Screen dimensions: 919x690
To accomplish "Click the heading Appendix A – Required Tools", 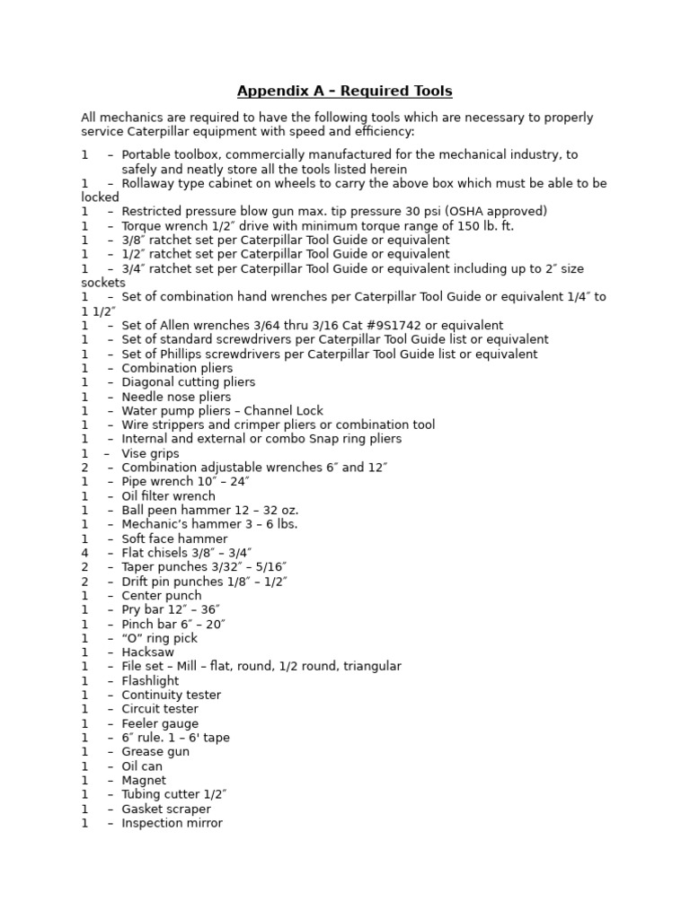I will pyautogui.click(x=344, y=92).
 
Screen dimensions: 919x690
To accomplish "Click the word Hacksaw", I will pyautogui.click(x=147, y=652).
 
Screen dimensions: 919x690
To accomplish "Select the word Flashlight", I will pyautogui.click(x=150, y=681).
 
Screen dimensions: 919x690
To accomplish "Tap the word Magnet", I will pyautogui.click(x=144, y=781).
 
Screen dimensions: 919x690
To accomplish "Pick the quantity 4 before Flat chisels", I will pyautogui.click(x=84, y=553).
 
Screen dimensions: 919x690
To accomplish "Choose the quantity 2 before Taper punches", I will pyautogui.click(x=84, y=567).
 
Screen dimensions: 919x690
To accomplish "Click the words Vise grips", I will pyautogui.click(x=150, y=454).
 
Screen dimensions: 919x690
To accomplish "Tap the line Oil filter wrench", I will pyautogui.click(x=168, y=496).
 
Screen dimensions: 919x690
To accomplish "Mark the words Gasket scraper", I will pyautogui.click(x=166, y=810).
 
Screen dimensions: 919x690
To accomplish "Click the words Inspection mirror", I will pyautogui.click(x=172, y=823).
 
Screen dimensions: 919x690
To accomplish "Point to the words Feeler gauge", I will pyautogui.click(x=160, y=723).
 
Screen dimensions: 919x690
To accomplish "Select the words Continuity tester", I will pyautogui.click(x=171, y=695).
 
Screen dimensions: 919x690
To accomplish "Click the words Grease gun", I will pyautogui.click(x=155, y=752).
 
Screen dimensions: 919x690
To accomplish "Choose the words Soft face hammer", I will pyautogui.click(x=174, y=538).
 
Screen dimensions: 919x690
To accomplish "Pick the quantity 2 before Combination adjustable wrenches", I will pyautogui.click(x=84, y=468).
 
